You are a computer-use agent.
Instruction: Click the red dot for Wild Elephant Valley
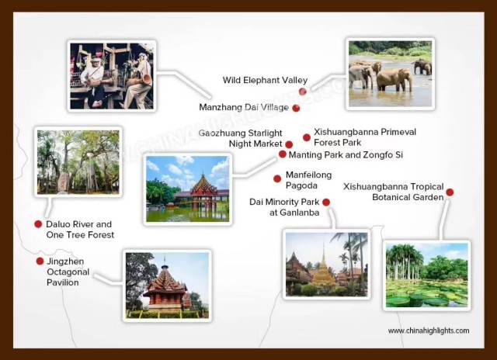(x=302, y=92)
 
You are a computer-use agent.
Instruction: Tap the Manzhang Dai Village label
(x=244, y=107)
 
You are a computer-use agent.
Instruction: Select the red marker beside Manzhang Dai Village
(x=296, y=109)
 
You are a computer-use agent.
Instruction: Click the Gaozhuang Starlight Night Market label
(x=241, y=138)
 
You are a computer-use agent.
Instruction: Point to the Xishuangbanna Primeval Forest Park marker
(x=307, y=137)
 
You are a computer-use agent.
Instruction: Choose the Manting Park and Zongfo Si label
(x=346, y=155)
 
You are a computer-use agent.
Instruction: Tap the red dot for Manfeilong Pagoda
(x=277, y=179)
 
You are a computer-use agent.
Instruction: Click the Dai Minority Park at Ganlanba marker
(x=326, y=202)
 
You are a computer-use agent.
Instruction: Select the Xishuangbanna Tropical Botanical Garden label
(x=394, y=192)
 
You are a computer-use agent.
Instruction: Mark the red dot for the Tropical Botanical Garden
(x=450, y=192)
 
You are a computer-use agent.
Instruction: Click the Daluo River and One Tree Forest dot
(x=38, y=224)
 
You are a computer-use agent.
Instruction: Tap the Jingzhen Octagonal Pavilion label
(x=68, y=272)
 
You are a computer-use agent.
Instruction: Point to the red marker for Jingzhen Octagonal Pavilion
(x=40, y=261)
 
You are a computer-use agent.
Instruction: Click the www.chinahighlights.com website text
(x=429, y=331)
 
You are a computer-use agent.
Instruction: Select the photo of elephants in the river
(x=390, y=74)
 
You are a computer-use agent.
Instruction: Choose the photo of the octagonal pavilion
(x=167, y=286)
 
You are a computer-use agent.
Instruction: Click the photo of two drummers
(x=112, y=76)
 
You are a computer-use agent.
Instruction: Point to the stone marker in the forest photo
(x=64, y=182)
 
